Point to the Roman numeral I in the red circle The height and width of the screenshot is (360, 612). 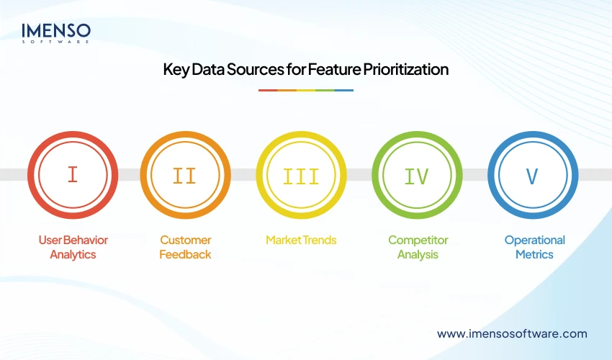point(72,175)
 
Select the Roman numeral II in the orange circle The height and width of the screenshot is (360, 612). point(185,175)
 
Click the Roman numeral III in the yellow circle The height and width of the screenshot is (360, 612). point(301,175)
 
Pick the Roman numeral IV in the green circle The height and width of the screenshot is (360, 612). point(417,175)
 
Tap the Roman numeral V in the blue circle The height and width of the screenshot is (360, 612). point(532,175)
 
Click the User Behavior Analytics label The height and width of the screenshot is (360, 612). point(72,247)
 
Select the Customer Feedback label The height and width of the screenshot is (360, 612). point(185,247)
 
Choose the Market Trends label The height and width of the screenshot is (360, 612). point(301,240)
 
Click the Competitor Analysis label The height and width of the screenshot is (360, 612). point(418,247)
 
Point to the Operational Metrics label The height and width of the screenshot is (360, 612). point(534,247)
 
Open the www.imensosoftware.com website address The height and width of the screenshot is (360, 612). point(512,333)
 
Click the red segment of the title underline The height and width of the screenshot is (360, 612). point(268,90)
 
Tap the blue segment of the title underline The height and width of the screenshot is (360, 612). point(344,90)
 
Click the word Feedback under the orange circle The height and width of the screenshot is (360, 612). point(185,254)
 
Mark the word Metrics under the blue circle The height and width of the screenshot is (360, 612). point(534,254)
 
